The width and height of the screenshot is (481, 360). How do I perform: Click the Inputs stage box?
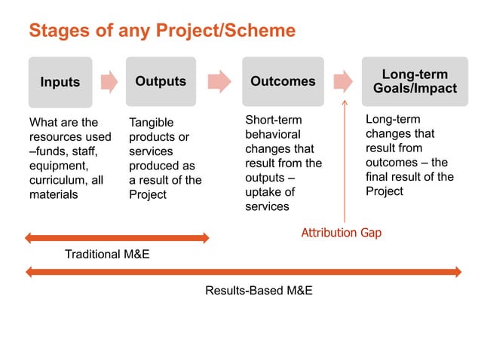60,82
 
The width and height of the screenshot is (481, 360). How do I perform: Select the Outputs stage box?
161,81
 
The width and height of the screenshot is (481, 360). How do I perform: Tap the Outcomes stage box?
283,81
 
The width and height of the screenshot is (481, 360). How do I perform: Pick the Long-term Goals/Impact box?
415,81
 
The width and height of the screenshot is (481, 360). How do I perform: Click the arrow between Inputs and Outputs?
109,81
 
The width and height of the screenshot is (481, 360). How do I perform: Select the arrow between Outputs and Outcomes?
219,81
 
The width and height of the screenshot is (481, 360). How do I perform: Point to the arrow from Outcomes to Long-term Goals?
343,81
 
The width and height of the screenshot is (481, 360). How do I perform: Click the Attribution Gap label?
341,233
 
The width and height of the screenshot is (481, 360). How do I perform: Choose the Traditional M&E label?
106,255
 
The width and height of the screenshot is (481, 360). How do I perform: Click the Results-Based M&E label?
259,290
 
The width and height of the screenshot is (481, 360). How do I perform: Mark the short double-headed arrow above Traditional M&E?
117,238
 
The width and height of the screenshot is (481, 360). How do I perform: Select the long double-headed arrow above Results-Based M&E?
243,271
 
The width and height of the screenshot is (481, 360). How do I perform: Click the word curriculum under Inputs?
57,180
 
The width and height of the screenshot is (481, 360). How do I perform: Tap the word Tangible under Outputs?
151,123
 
